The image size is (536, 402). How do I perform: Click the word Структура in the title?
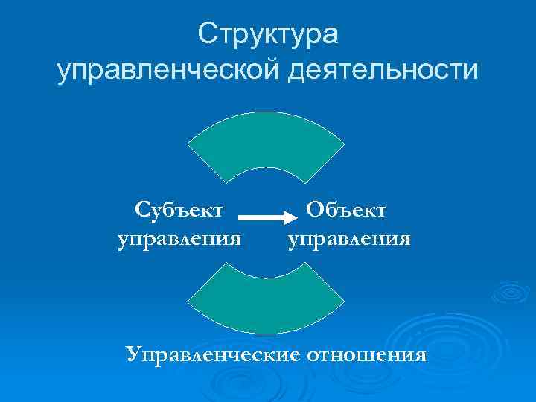click(268, 34)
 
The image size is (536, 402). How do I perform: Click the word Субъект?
click(179, 211)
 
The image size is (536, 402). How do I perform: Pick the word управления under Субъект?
click(179, 240)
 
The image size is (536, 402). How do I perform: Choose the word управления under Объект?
click(349, 240)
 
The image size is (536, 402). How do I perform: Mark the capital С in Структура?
click(207, 34)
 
